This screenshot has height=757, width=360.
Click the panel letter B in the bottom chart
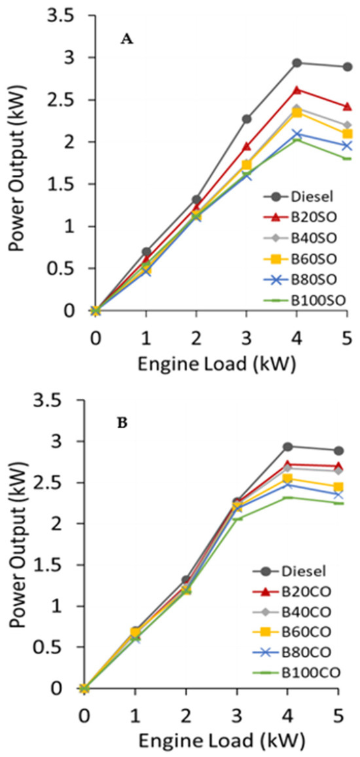(x=122, y=422)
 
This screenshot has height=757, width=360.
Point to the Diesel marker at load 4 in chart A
(x=297, y=63)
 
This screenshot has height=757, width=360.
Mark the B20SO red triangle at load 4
(x=297, y=90)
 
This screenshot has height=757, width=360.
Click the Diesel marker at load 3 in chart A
(x=246, y=119)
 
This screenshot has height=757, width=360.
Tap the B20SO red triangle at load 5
(x=348, y=106)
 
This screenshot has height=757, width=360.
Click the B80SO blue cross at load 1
(x=145, y=270)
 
